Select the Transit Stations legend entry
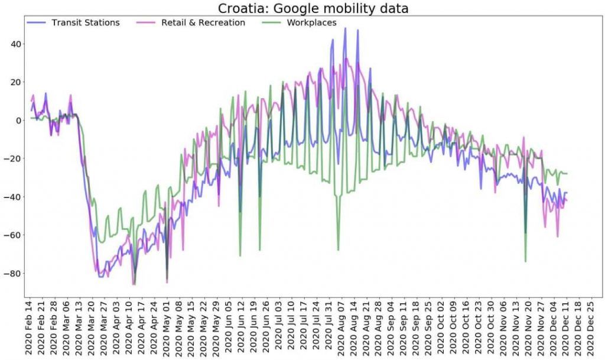pos(85,22)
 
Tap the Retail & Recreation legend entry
pos(203,22)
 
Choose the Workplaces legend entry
pos(311,22)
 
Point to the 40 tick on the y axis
pos(15,44)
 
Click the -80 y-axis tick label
pos(13,273)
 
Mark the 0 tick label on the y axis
pos(18,120)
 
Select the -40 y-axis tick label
pos(13,197)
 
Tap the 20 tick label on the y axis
pos(15,82)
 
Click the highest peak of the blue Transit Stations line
pos(345,28)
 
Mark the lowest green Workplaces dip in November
pos(525,261)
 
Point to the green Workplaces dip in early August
pos(338,250)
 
